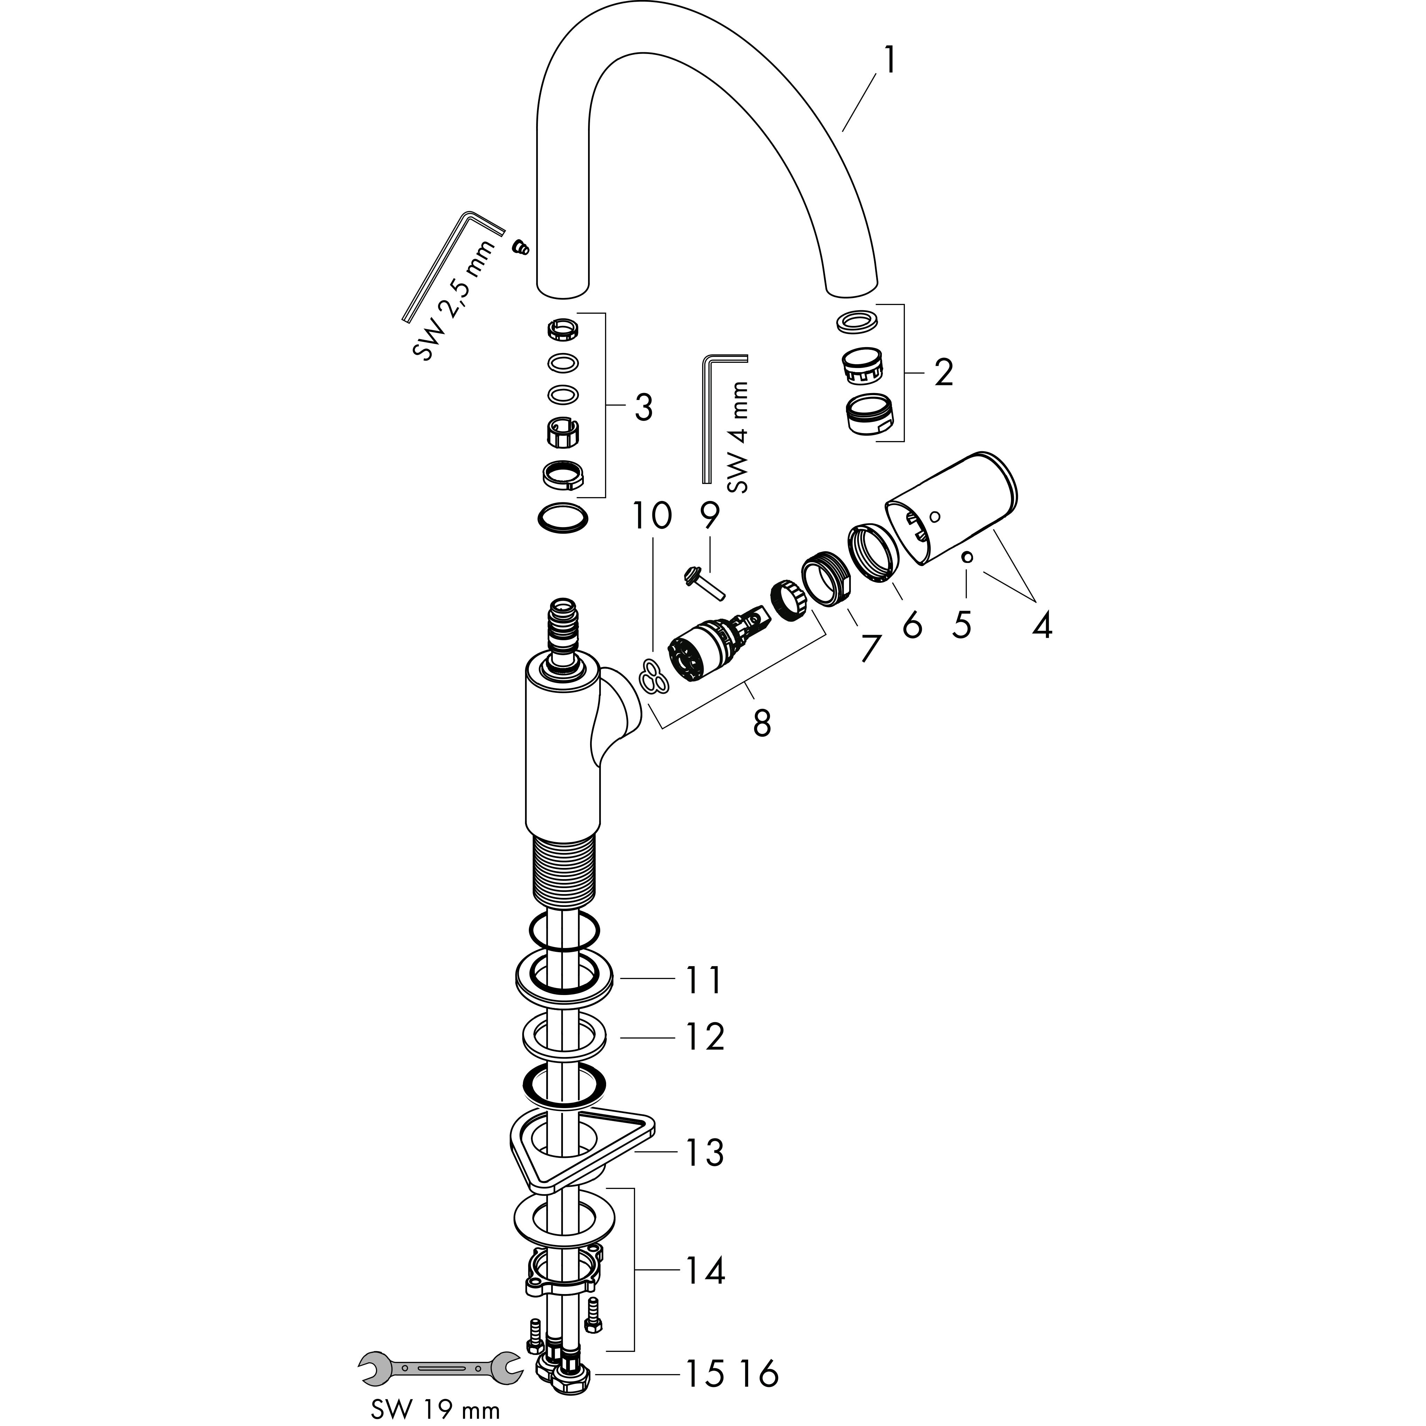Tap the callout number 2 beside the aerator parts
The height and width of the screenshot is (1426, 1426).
pos(943,374)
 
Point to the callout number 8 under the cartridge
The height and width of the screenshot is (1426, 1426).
pos(762,723)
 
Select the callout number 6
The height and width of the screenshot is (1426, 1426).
pos(912,626)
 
